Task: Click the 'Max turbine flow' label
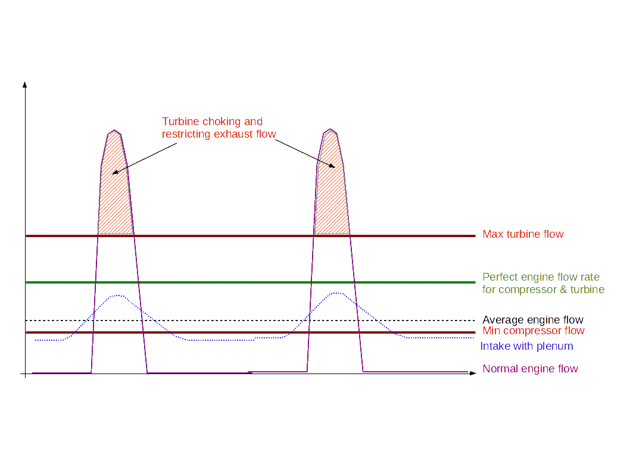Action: pos(523,235)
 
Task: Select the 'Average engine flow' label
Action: pos(532,320)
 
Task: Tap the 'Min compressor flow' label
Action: pos(533,331)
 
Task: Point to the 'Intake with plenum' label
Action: pos(526,346)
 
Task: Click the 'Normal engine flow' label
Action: pos(530,369)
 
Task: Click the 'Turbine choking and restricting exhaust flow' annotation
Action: pos(219,128)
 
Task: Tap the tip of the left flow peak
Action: pos(114,131)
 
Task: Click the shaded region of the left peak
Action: pos(115,197)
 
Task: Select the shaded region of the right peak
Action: pos(332,197)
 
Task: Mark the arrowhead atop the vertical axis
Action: pos(25,84)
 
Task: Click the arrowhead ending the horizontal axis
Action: pos(473,374)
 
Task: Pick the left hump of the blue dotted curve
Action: pos(118,295)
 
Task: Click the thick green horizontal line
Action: pos(250,282)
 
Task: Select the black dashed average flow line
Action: pos(250,320)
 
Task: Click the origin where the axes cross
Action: pos(25,374)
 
